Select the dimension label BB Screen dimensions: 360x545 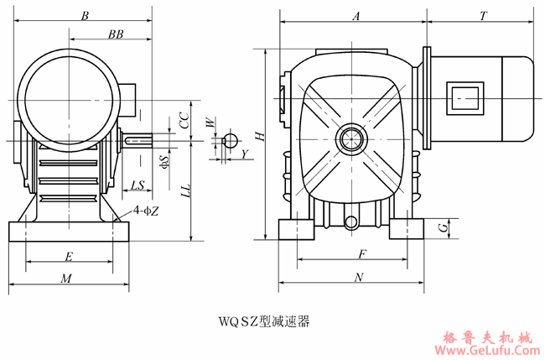pos(117,34)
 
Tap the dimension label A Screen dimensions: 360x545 pos(356,16)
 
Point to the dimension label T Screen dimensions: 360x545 pos(484,16)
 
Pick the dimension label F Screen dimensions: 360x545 pos(361,253)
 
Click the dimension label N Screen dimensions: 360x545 pos(359,277)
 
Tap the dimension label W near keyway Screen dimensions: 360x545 pos(210,123)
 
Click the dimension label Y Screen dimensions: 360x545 pos(244,154)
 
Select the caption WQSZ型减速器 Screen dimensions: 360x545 pos(264,321)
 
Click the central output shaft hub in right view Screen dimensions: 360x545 pos(350,138)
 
